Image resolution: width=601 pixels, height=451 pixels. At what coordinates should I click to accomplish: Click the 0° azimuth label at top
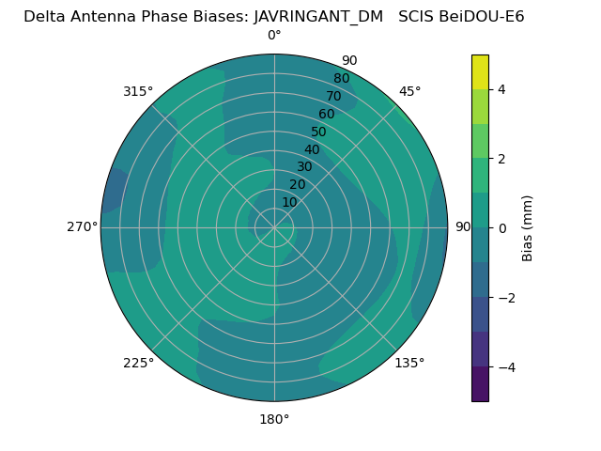(x=274, y=36)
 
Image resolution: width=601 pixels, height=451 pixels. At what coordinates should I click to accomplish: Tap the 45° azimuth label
(x=409, y=91)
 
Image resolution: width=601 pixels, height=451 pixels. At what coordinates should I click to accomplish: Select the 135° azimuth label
(x=409, y=363)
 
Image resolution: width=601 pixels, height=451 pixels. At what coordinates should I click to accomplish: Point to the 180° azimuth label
(x=274, y=419)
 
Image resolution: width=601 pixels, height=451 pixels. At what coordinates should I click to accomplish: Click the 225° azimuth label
(x=138, y=363)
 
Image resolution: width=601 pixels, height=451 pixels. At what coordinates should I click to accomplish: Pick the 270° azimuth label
(x=83, y=227)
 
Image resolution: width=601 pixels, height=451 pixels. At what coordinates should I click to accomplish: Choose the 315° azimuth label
(x=138, y=91)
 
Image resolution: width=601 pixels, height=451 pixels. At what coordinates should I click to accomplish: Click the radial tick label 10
(x=289, y=202)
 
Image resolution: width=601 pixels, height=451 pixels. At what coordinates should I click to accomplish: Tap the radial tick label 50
(x=318, y=132)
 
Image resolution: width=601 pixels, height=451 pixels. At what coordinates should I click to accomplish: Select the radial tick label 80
(x=341, y=79)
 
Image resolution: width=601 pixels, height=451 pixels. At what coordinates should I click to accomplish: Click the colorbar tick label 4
(x=501, y=89)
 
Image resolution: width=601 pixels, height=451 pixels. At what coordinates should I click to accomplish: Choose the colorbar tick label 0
(x=501, y=227)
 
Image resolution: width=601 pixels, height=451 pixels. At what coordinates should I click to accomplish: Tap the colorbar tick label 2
(x=501, y=159)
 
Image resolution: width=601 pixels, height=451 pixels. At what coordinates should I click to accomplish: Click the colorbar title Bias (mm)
(x=528, y=227)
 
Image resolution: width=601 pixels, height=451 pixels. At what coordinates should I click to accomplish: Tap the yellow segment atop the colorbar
(x=480, y=72)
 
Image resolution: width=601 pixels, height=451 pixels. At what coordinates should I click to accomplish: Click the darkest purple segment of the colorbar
(x=480, y=384)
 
